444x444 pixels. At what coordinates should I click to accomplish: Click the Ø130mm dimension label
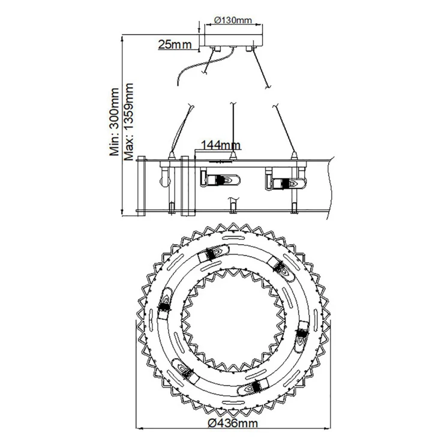[233, 20]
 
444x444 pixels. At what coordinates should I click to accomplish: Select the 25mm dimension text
[175, 44]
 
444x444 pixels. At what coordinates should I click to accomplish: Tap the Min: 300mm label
[115, 122]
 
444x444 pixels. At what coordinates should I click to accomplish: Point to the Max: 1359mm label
[129, 122]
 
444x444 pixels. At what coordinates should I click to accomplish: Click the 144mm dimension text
[221, 145]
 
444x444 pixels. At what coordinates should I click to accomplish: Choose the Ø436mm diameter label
[233, 424]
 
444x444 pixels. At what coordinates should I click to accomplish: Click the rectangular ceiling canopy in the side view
[234, 40]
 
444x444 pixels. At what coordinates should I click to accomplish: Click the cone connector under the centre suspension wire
[233, 155]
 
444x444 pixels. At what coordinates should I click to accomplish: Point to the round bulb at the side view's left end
[164, 181]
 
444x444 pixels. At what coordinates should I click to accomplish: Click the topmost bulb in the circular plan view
[214, 252]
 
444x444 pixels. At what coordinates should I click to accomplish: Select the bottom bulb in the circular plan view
[253, 387]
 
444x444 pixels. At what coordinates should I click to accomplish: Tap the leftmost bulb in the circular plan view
[164, 303]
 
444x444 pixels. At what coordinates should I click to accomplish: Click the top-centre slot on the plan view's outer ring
[233, 238]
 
